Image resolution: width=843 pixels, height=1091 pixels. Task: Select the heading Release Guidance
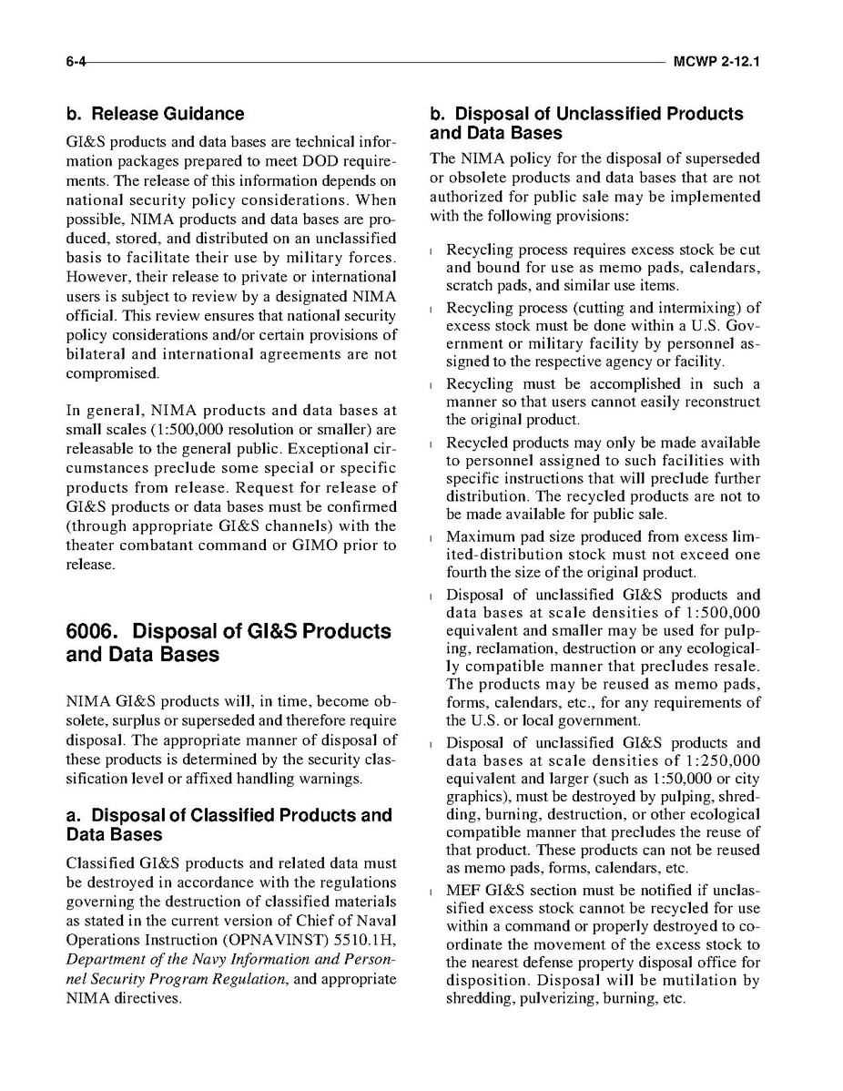point(155,114)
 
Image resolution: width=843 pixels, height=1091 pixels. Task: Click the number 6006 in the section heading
point(95,631)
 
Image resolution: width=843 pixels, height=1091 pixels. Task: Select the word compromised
point(113,372)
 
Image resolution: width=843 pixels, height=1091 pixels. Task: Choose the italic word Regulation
point(254,979)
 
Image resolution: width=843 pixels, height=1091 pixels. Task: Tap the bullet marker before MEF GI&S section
point(430,891)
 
